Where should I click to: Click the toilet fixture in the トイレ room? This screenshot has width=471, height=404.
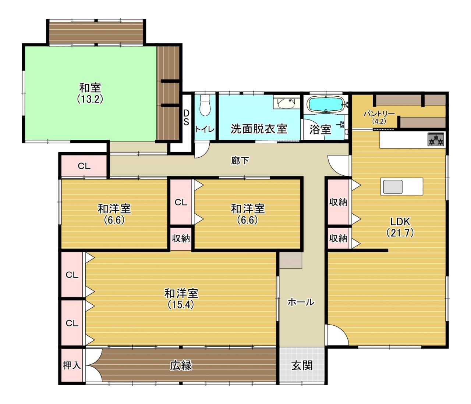coord(205,106)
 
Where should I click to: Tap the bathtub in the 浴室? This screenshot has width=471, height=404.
coord(326,104)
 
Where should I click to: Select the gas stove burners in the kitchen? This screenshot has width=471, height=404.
coord(436,139)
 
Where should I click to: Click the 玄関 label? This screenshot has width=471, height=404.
coord(302,366)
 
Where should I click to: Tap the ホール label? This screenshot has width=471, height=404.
coord(301,303)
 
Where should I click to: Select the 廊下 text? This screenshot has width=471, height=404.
coord(240,161)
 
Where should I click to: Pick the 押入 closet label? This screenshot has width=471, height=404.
coord(72,365)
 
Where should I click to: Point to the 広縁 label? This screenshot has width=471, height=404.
coord(181,366)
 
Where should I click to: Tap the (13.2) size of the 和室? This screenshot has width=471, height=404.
coord(90,99)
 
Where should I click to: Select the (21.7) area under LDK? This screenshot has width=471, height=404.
coord(400,233)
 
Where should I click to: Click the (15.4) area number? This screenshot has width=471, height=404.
coord(181,305)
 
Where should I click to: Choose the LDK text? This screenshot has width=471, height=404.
coord(400,221)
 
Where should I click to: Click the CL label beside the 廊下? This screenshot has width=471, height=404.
coord(84,166)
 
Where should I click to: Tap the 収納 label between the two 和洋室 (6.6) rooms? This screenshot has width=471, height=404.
coord(181,238)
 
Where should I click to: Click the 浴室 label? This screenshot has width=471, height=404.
coord(320,129)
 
